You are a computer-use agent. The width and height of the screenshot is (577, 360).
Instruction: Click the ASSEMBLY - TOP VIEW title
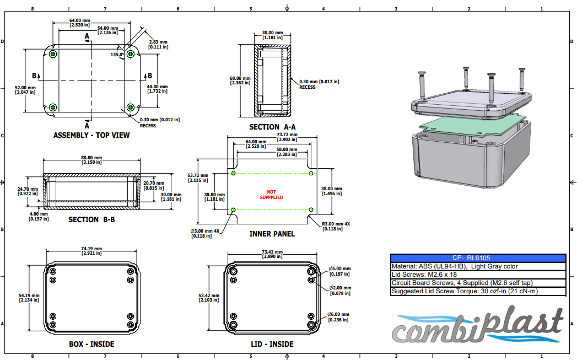[x=91, y=135]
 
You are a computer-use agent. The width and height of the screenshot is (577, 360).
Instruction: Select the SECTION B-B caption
[x=91, y=219]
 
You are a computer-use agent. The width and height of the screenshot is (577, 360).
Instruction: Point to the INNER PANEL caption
[x=272, y=234]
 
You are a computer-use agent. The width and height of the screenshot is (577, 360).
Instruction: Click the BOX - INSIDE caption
[x=91, y=344]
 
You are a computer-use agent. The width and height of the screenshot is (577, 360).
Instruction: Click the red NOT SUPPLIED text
[x=272, y=194]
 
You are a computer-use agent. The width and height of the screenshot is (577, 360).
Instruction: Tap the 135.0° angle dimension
[x=117, y=55]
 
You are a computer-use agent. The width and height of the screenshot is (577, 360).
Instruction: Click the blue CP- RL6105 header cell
[x=478, y=257]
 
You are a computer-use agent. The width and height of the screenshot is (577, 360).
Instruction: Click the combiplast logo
[x=477, y=327]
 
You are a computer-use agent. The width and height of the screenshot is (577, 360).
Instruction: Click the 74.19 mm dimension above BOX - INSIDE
[x=91, y=250]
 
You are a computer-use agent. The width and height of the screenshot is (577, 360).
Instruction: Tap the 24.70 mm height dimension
[x=27, y=191]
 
